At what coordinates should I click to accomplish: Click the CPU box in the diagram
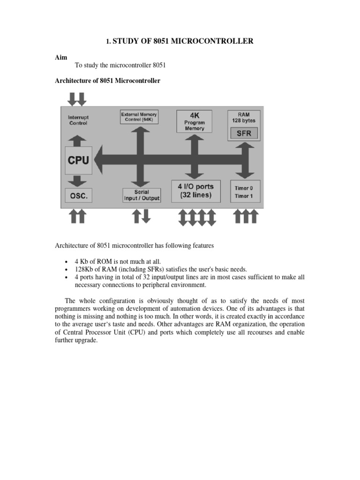tap(78, 160)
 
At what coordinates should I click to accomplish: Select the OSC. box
tap(78, 196)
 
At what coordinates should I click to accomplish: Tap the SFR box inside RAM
tap(244, 133)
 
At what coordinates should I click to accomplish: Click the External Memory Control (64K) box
tap(139, 117)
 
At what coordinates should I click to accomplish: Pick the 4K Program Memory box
tap(194, 121)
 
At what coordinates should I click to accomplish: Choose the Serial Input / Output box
tap(141, 195)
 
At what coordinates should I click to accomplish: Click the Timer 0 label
tap(244, 188)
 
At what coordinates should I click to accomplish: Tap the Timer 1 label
tap(244, 196)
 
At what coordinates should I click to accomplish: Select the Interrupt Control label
tap(78, 120)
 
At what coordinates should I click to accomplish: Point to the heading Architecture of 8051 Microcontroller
tap(108, 81)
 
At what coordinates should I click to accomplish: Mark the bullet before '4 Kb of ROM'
tap(64, 261)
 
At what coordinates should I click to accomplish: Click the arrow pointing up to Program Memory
tap(194, 141)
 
